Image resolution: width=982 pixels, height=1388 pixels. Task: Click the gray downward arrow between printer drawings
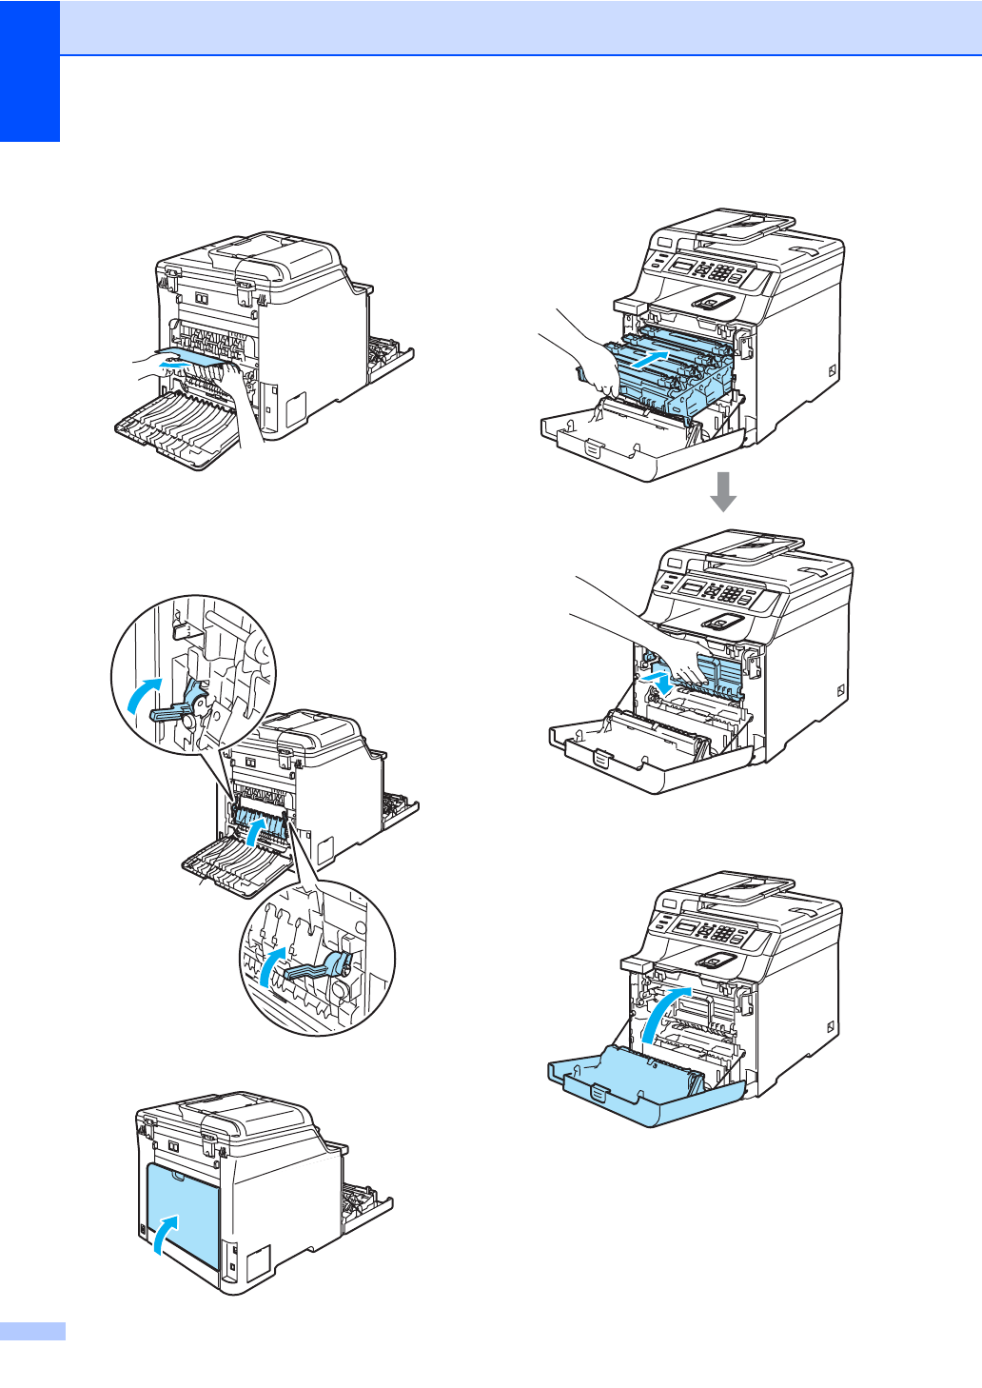[x=723, y=490]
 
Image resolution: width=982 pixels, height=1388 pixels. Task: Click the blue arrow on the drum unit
[x=657, y=362]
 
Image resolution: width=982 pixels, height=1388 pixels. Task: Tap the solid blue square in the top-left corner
[x=29, y=70]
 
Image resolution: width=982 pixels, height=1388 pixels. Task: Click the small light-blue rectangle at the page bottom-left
[x=32, y=1331]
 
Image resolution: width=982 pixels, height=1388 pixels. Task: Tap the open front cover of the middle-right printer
[x=647, y=752]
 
